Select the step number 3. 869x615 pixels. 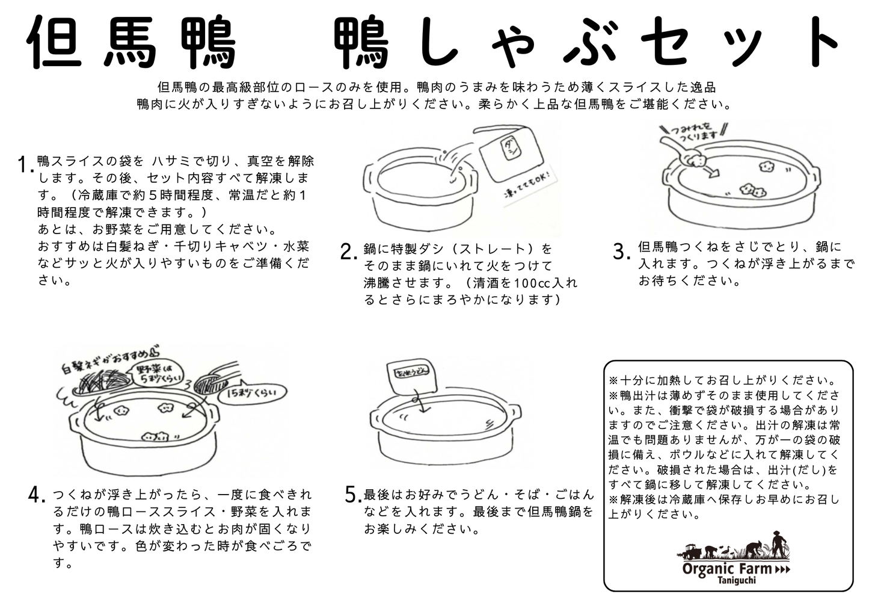621,251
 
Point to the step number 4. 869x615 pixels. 37,495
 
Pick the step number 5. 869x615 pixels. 353,495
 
